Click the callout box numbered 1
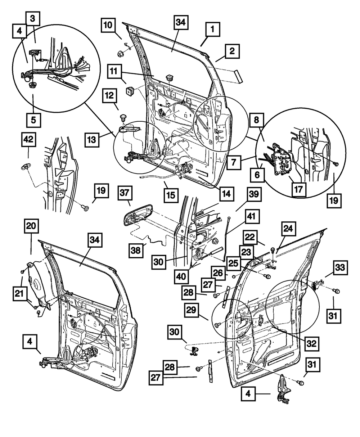[212, 29]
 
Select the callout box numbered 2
[232, 51]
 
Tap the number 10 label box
[108, 25]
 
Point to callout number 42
[29, 139]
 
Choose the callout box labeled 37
[125, 193]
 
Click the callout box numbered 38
[136, 250]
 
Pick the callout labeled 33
[340, 268]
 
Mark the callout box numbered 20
[31, 226]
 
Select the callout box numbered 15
[171, 195]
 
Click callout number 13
[92, 140]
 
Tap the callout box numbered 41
[252, 216]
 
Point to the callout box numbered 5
[34, 120]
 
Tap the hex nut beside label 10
[120, 54]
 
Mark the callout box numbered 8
[257, 120]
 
